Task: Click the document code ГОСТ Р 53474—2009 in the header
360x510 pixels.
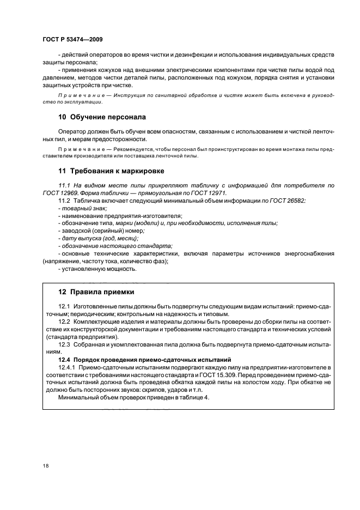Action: pyautogui.click(x=72, y=40)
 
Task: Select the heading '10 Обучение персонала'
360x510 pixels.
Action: pyautogui.click(x=102, y=117)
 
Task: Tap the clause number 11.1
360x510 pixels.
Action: pyautogui.click(x=65, y=186)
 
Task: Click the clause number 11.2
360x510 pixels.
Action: pyautogui.click(x=65, y=201)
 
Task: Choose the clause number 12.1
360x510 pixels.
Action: pyautogui.click(x=65, y=307)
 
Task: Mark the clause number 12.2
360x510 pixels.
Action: pyautogui.click(x=65, y=322)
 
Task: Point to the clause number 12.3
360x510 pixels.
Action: pyautogui.click(x=65, y=345)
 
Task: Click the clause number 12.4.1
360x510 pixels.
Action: pyautogui.click(x=68, y=368)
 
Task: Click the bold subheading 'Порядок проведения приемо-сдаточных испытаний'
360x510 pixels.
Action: pyautogui.click(x=149, y=360)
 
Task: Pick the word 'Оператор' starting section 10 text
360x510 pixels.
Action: pyautogui.click(x=71, y=132)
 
